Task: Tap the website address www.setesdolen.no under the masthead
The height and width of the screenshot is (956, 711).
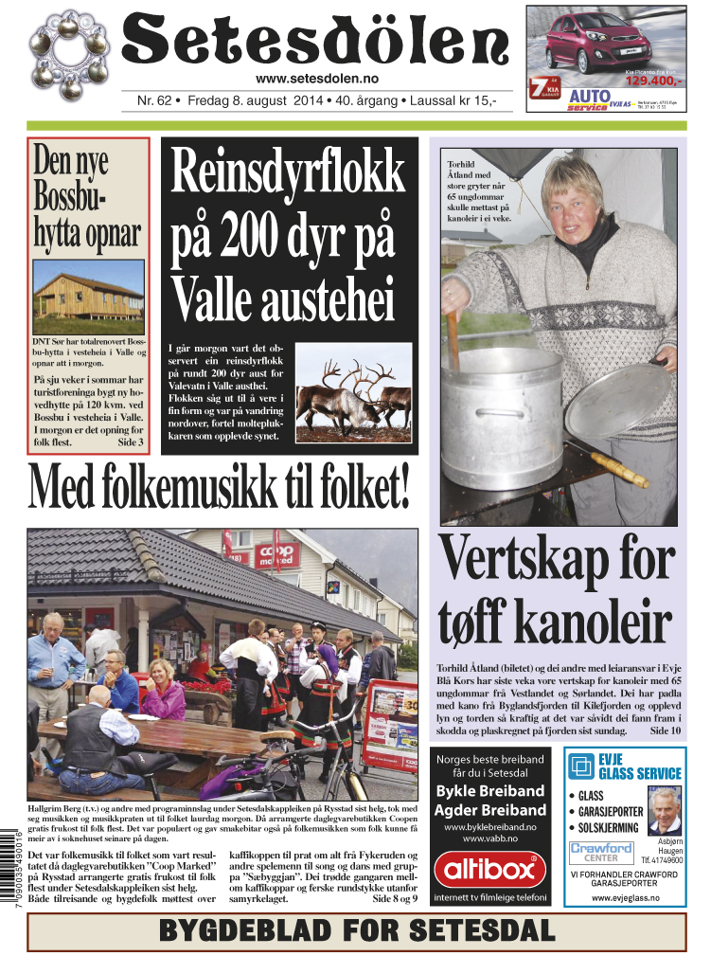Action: [x=317, y=79]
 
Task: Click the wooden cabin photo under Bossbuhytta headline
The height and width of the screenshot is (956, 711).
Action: [x=88, y=296]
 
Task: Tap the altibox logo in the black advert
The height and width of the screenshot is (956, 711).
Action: [x=489, y=869]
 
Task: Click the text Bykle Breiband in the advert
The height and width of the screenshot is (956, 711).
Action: [x=489, y=791]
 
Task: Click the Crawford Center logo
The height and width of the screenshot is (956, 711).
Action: [x=602, y=852]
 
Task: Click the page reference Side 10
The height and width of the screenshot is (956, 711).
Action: [x=665, y=731]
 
